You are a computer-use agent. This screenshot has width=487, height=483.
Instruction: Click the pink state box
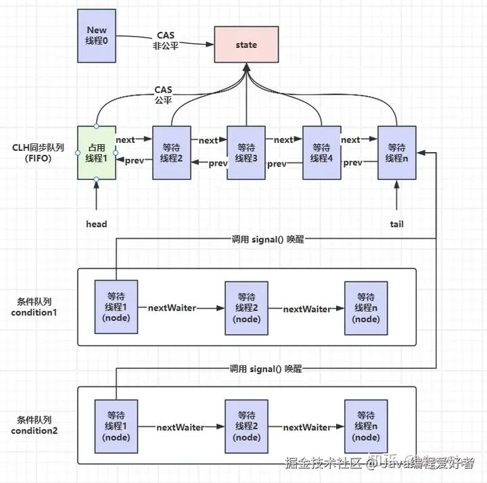[246, 45]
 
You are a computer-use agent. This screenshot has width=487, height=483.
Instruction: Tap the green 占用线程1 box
[97, 152]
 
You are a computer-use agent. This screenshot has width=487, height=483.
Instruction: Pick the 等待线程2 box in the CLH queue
[171, 152]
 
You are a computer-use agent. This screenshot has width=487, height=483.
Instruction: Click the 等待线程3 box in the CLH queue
[246, 152]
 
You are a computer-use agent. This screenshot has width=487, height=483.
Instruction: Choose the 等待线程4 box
[321, 152]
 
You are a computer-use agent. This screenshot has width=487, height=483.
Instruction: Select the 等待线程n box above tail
[396, 152]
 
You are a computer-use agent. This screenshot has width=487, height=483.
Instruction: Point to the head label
[97, 224]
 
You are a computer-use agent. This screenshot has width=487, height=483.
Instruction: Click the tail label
[396, 224]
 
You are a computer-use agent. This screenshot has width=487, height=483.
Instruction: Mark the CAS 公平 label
[163, 95]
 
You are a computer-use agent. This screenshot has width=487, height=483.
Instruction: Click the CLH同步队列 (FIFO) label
[38, 152]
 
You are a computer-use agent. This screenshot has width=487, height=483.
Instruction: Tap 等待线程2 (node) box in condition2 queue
[246, 426]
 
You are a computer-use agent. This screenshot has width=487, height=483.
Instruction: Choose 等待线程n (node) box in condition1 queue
[366, 308]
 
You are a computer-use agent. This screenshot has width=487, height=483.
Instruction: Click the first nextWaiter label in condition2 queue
[180, 428]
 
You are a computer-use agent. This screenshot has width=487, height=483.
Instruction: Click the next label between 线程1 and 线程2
[125, 140]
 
